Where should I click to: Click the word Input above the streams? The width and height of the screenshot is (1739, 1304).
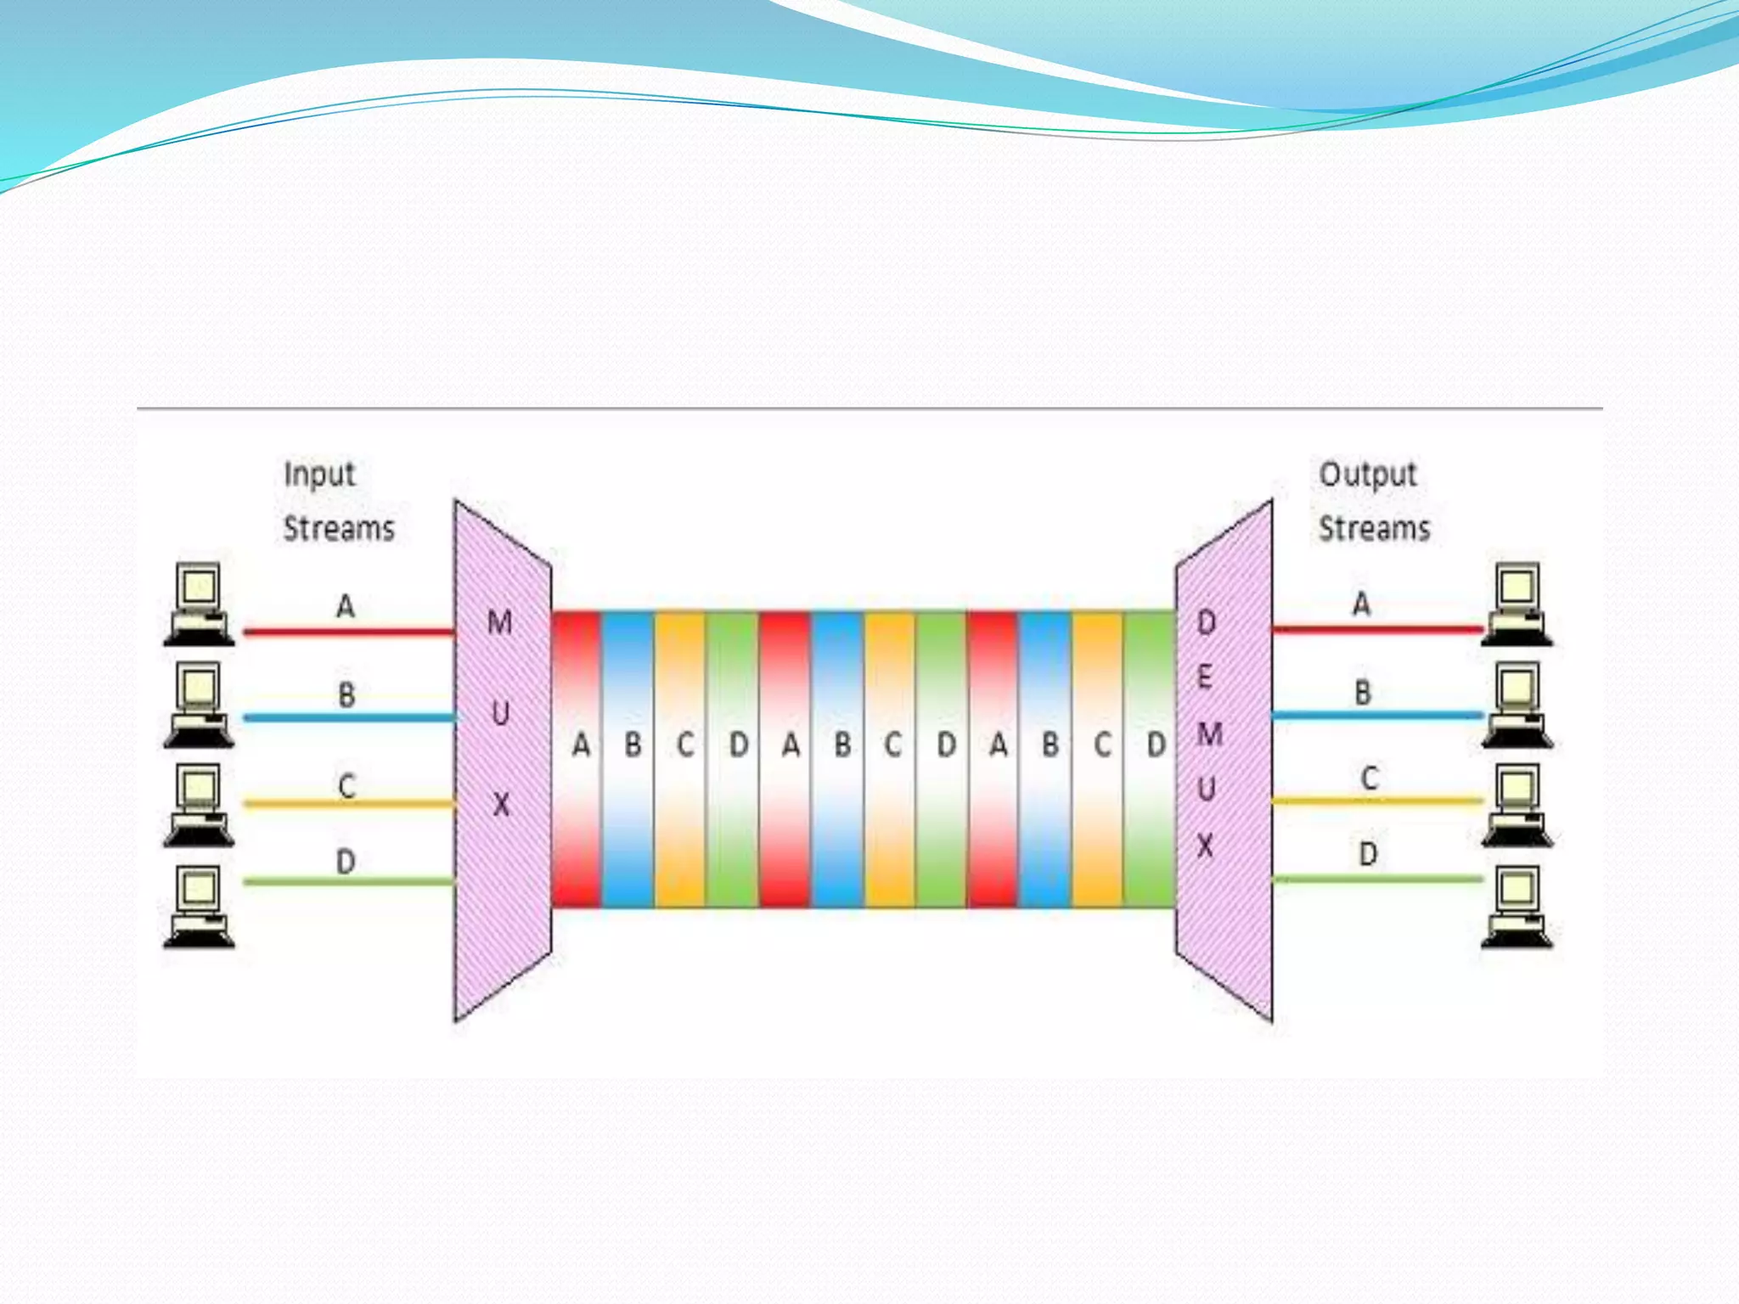click(319, 475)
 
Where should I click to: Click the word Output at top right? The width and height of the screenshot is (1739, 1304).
click(1367, 475)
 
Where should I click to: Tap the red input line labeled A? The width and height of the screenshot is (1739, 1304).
click(348, 632)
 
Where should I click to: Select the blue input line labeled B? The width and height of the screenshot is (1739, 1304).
click(348, 718)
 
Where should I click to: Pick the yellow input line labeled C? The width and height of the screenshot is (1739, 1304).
click(348, 803)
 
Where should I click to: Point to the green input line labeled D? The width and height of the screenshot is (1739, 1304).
click(348, 882)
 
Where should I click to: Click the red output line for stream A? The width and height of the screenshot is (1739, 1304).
click(1376, 630)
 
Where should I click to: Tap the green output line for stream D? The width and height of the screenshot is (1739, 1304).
click(1376, 880)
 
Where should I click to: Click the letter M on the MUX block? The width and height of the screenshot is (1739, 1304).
click(499, 623)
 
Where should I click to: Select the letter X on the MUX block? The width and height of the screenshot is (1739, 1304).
click(502, 804)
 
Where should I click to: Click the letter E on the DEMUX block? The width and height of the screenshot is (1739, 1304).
click(1204, 677)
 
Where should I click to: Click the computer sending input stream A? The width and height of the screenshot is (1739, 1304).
click(199, 604)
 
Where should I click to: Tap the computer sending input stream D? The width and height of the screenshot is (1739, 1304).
click(199, 906)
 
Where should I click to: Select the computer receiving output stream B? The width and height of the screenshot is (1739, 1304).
click(1517, 705)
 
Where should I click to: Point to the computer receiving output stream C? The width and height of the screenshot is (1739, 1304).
click(1517, 806)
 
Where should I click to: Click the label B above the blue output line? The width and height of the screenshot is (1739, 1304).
click(1363, 693)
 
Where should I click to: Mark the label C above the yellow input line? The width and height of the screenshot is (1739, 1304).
click(346, 785)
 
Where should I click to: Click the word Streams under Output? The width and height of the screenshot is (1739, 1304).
click(1374, 529)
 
